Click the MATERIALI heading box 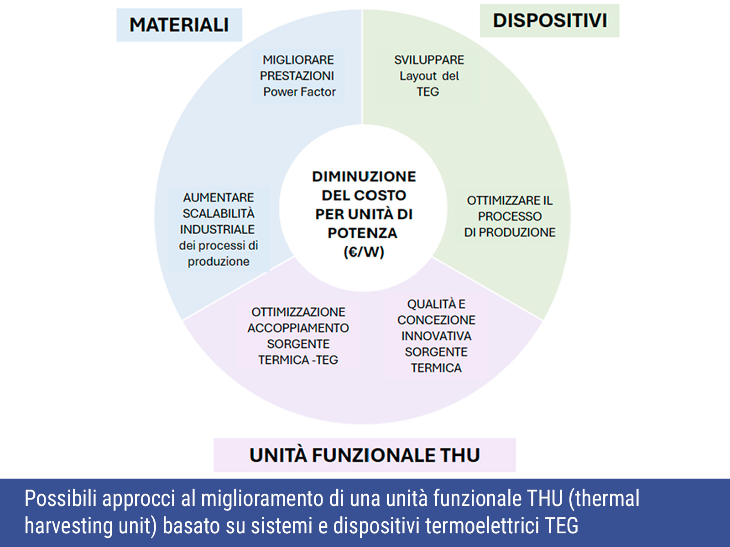point(179,25)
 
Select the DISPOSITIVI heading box point(549,20)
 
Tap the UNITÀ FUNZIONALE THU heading point(365,455)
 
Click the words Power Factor point(299,92)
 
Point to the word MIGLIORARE point(298,60)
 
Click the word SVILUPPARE point(429,60)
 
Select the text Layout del point(429,76)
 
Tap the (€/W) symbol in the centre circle point(364,252)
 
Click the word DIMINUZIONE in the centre point(364,176)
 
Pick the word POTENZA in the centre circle point(363,233)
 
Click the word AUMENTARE point(218,198)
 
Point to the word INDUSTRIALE point(217,229)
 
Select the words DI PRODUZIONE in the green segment point(510,232)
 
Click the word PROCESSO point(510,217)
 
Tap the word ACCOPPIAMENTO point(298,328)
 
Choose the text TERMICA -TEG point(298,360)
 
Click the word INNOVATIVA point(436,336)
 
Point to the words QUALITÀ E point(436,304)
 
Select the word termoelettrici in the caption point(482,526)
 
